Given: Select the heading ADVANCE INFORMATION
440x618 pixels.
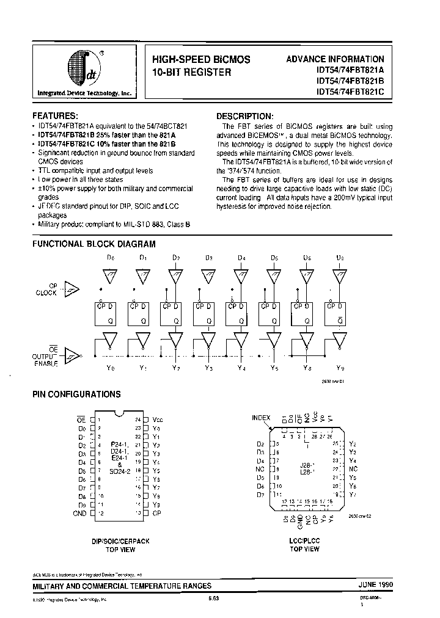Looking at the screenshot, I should coord(335,59).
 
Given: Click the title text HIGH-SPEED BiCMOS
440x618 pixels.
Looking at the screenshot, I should coord(200,60).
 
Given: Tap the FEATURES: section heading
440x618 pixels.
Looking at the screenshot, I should coord(55,115).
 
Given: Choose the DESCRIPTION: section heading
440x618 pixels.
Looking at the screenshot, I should coord(245,116).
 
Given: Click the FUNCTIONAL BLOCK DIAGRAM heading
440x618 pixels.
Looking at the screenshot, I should coord(94,244).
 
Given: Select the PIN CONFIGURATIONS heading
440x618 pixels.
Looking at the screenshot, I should coord(76,394).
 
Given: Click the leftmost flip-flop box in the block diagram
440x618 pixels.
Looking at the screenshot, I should coord(105,313).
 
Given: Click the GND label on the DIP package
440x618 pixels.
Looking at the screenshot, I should coord(80,513).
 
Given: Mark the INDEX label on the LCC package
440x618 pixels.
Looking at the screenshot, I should coord(261,418).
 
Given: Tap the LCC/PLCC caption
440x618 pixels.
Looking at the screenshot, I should coord(304,541).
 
